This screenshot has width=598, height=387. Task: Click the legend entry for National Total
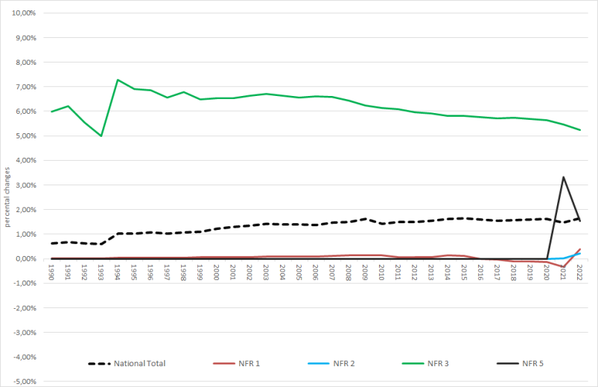point(139,363)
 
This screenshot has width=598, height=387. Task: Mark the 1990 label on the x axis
point(51,271)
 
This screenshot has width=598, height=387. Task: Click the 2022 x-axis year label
point(579,271)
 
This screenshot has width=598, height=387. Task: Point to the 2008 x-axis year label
point(349,271)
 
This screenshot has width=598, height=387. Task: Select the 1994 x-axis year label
point(118,271)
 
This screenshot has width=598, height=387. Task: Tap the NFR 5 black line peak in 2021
point(563,177)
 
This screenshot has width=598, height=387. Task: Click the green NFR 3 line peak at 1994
point(118,80)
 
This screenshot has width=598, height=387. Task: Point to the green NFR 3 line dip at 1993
point(101,136)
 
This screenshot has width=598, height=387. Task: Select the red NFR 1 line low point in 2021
point(563,266)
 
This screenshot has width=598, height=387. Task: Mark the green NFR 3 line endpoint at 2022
point(579,130)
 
